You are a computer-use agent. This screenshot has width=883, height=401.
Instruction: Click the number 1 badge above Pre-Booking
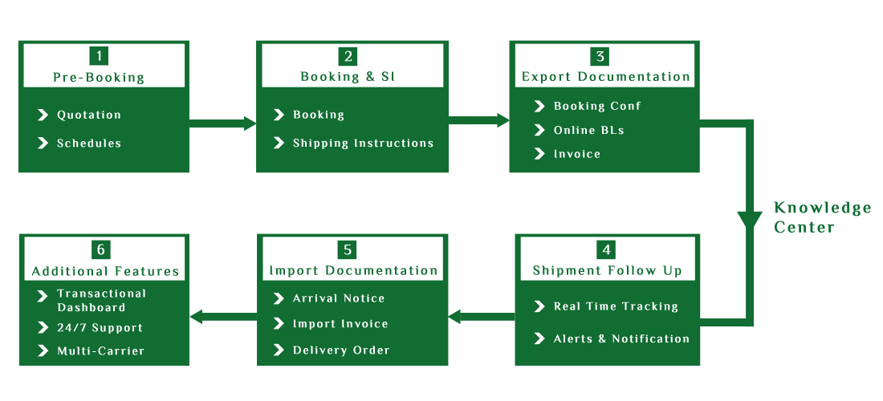(x=100, y=56)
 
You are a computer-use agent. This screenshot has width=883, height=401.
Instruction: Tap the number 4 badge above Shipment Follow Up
(x=608, y=249)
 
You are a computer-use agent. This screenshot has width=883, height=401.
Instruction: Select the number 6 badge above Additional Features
(x=100, y=249)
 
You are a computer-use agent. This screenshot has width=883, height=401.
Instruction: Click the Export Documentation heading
(x=606, y=77)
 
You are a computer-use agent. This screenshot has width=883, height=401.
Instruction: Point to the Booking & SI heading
(x=348, y=77)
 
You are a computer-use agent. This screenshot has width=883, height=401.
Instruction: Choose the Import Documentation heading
(x=354, y=270)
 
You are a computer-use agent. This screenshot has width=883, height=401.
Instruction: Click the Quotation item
(x=89, y=115)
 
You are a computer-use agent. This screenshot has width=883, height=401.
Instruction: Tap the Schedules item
(x=89, y=144)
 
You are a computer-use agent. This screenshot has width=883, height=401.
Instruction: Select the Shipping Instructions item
(x=363, y=144)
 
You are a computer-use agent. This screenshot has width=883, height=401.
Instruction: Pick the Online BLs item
(x=589, y=130)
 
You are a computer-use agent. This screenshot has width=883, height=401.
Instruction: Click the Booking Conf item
(x=597, y=106)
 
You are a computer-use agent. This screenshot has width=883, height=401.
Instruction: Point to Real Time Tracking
(x=616, y=306)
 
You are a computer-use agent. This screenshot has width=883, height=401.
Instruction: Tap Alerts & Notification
(x=621, y=338)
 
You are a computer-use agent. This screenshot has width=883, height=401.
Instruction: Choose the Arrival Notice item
(x=339, y=298)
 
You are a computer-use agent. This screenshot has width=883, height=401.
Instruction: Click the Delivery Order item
(x=341, y=350)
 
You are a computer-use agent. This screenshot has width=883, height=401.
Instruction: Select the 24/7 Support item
(x=100, y=328)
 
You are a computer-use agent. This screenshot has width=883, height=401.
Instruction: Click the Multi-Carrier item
(x=101, y=350)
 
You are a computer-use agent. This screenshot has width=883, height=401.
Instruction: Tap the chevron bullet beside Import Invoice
(x=279, y=323)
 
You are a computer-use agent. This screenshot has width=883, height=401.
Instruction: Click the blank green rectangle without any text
(x=822, y=217)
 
